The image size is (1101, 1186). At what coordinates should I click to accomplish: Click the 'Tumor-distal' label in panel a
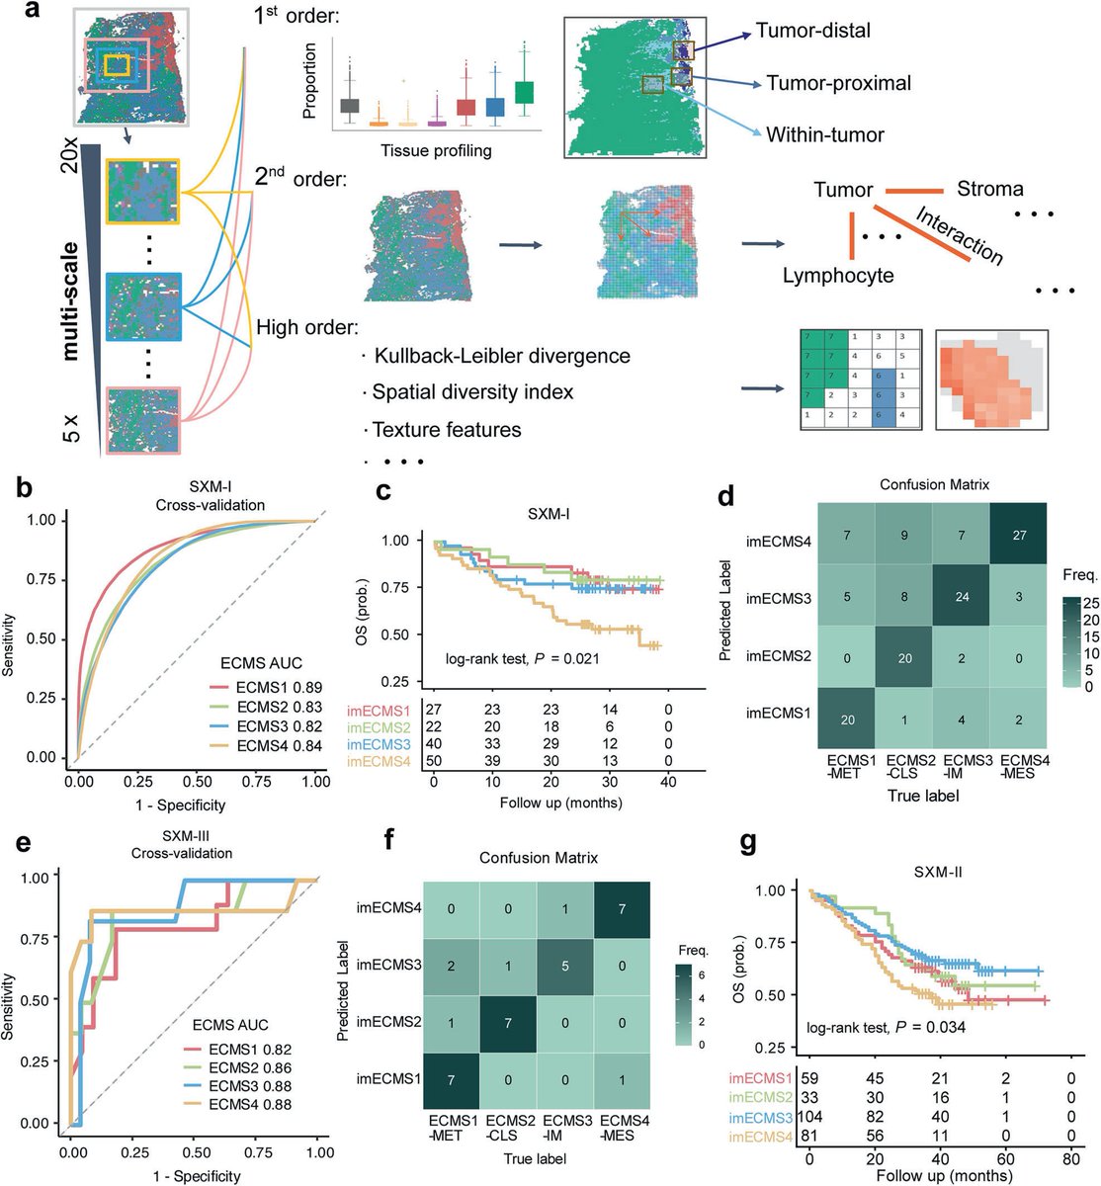(x=812, y=31)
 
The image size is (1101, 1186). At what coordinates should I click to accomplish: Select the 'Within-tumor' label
(x=824, y=134)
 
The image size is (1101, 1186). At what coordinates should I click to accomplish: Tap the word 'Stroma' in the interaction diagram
(x=989, y=189)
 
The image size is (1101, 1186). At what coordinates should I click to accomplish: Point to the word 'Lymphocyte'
(x=838, y=276)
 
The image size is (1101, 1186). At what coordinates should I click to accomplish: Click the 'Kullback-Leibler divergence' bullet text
(x=502, y=355)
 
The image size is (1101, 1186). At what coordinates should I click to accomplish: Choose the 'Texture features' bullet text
(x=447, y=430)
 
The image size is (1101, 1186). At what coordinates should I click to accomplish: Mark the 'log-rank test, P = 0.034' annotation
(x=886, y=1027)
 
